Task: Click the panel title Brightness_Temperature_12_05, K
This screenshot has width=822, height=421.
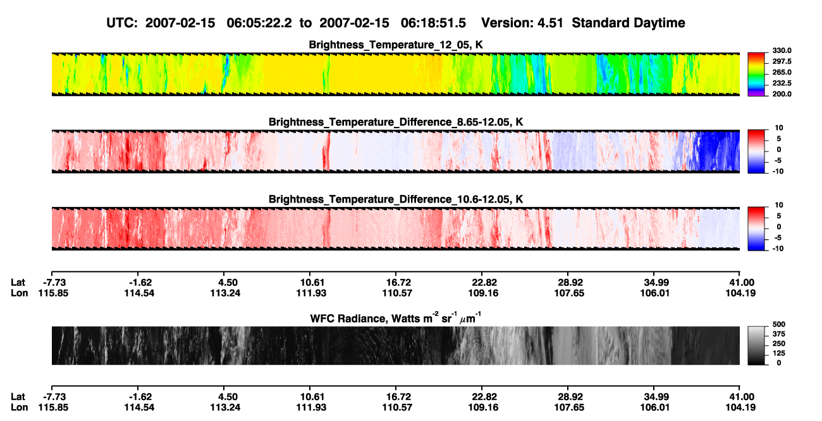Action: pyautogui.click(x=396, y=45)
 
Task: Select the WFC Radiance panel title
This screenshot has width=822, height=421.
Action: pyautogui.click(x=396, y=317)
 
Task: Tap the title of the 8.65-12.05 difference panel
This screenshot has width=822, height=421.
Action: pyautogui.click(x=396, y=122)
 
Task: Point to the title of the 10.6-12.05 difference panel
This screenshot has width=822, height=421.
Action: pyautogui.click(x=396, y=199)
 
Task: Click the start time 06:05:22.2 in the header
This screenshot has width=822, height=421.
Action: pyautogui.click(x=259, y=23)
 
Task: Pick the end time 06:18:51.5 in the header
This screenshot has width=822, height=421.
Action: pyautogui.click(x=433, y=23)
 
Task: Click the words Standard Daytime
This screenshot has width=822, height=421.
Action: pyautogui.click(x=629, y=23)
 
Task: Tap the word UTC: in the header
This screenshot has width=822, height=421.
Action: pyautogui.click(x=122, y=23)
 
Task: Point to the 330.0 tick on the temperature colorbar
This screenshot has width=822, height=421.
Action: pyautogui.click(x=782, y=50)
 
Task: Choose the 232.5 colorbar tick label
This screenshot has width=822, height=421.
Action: pyautogui.click(x=782, y=83)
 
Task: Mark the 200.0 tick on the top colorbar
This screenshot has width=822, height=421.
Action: pyautogui.click(x=782, y=94)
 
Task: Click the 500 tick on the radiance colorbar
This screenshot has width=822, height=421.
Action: pyautogui.click(x=779, y=324)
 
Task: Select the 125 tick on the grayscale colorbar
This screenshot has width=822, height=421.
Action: pyautogui.click(x=779, y=353)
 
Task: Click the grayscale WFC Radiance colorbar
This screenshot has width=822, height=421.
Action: pyautogui.click(x=756, y=345)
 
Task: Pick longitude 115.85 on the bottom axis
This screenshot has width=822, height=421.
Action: pyautogui.click(x=53, y=408)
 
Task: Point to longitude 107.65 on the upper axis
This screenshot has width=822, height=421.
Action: pyautogui.click(x=569, y=293)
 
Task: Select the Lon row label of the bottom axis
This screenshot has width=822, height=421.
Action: pyautogui.click(x=19, y=408)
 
